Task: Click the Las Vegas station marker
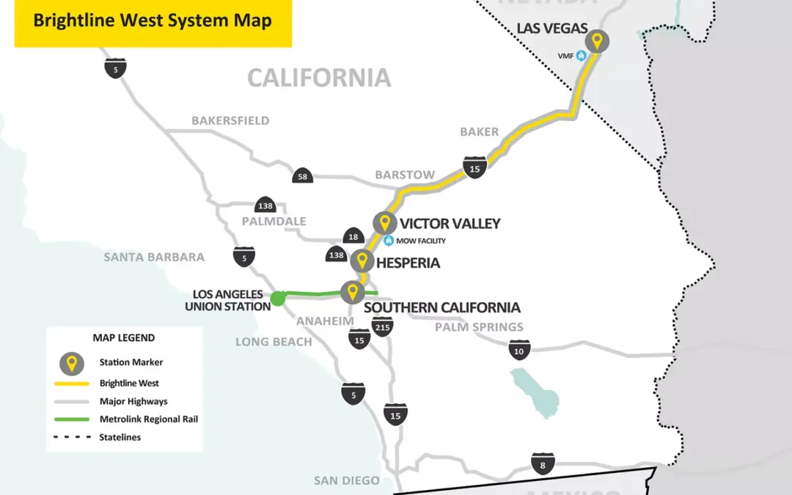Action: click(597, 42)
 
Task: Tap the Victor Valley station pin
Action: click(384, 223)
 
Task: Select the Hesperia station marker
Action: click(361, 261)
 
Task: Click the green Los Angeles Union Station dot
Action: click(278, 298)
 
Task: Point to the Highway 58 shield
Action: click(302, 176)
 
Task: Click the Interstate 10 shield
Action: click(520, 350)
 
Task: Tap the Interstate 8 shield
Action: click(543, 463)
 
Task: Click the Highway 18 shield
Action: click(353, 236)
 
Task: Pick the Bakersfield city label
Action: click(230, 120)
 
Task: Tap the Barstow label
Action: click(405, 175)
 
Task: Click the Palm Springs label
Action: click(479, 327)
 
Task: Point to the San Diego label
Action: click(347, 480)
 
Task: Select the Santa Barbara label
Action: click(154, 257)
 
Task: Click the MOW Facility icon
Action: click(389, 241)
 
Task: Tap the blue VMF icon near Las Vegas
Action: click(581, 54)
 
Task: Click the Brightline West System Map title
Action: click(153, 21)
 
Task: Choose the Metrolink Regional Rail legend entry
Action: click(149, 419)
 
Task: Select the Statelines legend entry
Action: click(120, 437)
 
